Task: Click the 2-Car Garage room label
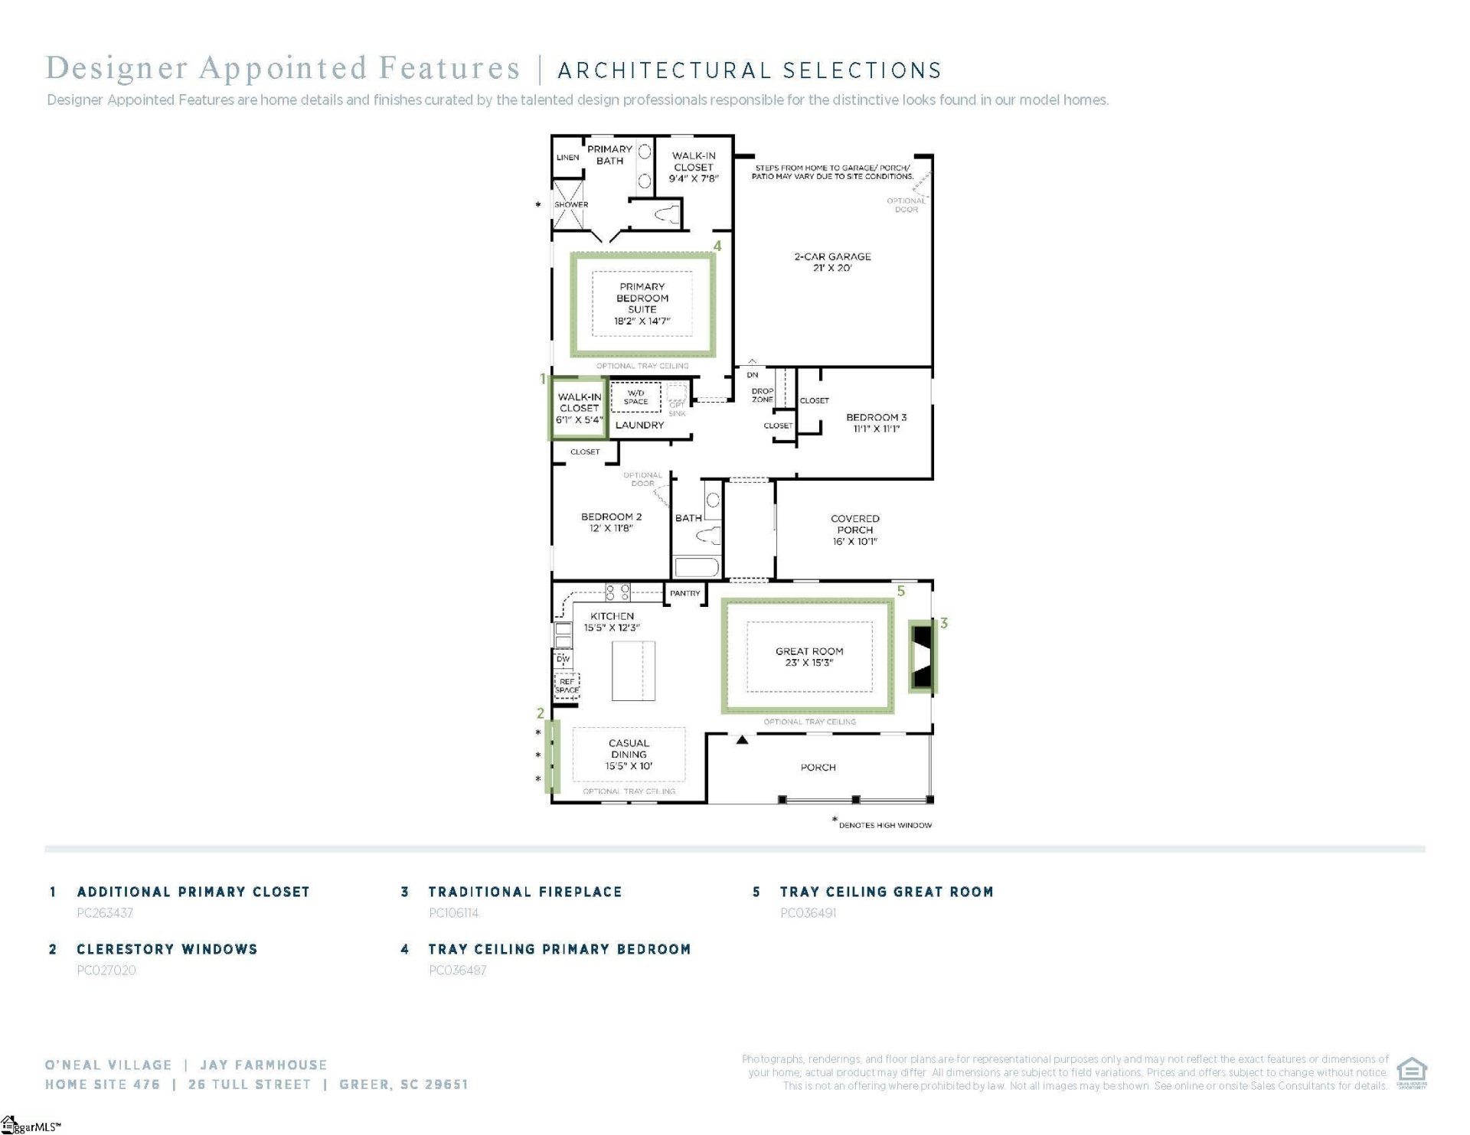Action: click(x=832, y=262)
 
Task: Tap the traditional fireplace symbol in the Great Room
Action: click(x=923, y=657)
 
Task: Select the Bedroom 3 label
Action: click(x=876, y=422)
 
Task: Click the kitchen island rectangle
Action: click(x=633, y=670)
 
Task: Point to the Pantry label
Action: click(x=684, y=593)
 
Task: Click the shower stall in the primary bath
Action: click(x=569, y=204)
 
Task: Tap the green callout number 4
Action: click(x=717, y=246)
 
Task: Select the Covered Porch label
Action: click(x=854, y=530)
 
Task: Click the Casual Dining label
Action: click(x=629, y=754)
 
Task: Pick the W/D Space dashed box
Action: click(x=635, y=397)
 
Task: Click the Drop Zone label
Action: click(x=762, y=395)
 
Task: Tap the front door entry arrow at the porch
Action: click(x=742, y=739)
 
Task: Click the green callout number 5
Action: click(x=901, y=591)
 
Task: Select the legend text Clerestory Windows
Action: click(x=167, y=949)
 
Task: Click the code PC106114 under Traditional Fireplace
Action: click(x=454, y=913)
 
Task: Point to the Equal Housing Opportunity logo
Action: click(x=1411, y=1072)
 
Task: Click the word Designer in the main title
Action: click(x=116, y=68)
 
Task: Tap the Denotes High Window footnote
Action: click(x=884, y=825)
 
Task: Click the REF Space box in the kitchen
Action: click(x=567, y=685)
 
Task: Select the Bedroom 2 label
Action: click(x=611, y=522)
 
